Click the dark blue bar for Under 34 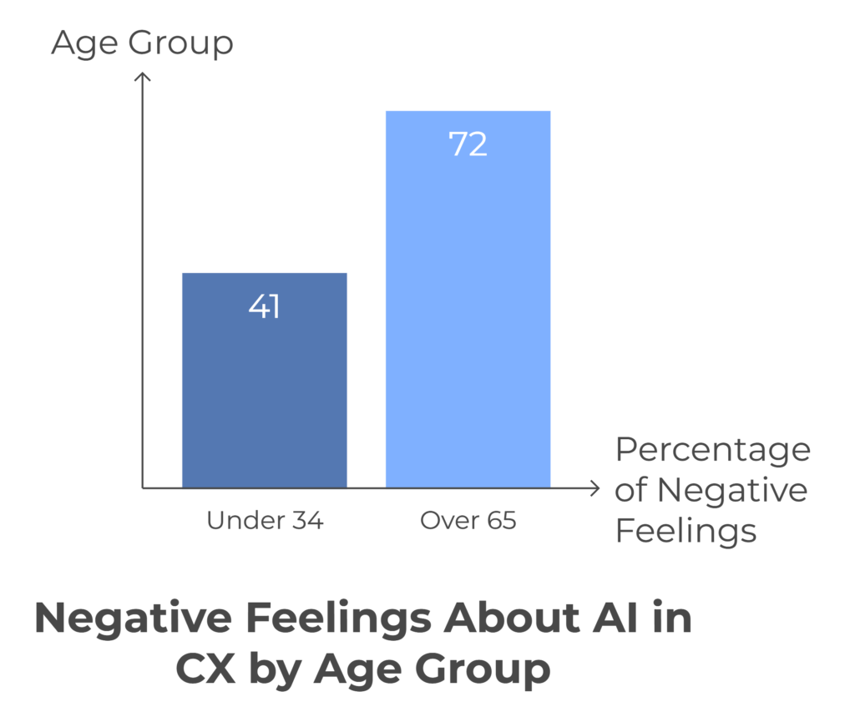[264, 392]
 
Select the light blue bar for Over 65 [468, 317]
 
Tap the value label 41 [264, 307]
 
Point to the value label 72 [468, 144]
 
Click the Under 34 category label [264, 522]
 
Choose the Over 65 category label [468, 522]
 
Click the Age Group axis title [142, 43]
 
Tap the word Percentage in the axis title [712, 450]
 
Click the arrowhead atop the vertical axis [143, 78]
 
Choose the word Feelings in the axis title [686, 531]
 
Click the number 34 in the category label [305, 522]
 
